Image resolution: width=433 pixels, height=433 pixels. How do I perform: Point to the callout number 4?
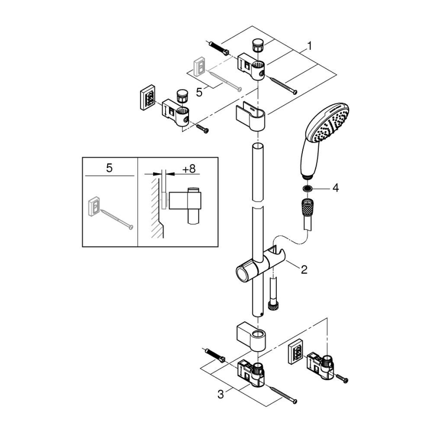336,188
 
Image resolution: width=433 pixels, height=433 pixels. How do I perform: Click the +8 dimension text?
188,169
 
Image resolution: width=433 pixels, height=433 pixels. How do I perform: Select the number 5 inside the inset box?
109,168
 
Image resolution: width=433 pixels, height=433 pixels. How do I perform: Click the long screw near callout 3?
282,394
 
